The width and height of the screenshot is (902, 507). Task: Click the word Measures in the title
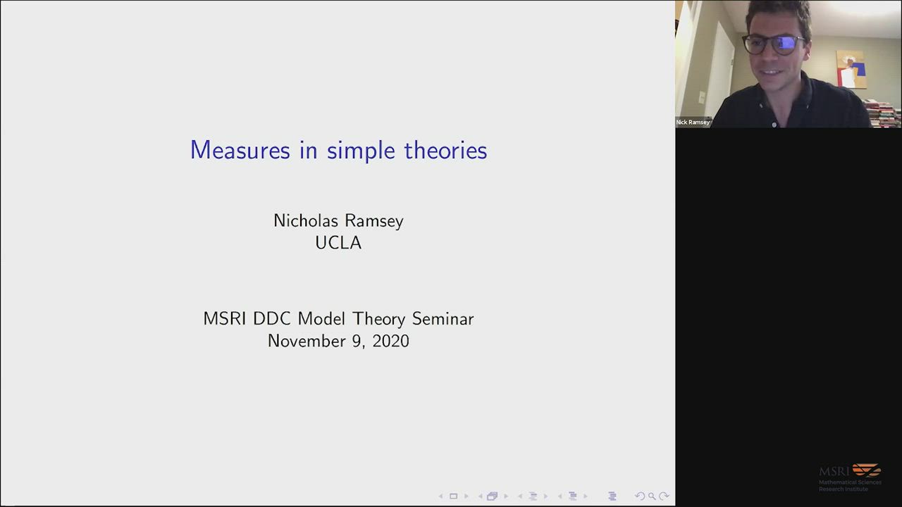click(240, 150)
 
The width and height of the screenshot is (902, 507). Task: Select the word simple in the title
click(361, 151)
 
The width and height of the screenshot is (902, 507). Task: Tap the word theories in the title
click(446, 150)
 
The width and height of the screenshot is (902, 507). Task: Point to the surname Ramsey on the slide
click(374, 222)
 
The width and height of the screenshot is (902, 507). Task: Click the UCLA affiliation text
click(338, 243)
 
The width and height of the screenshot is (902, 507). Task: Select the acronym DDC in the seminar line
click(272, 319)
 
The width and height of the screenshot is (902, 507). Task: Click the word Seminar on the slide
click(443, 319)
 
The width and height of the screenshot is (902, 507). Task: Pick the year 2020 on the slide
click(390, 342)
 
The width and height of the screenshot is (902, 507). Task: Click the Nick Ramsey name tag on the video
click(693, 123)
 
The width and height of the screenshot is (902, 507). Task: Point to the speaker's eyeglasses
click(773, 44)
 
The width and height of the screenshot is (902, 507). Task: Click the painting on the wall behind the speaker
click(851, 69)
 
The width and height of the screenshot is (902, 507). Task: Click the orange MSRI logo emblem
click(867, 470)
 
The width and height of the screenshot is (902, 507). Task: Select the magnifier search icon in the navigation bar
click(652, 496)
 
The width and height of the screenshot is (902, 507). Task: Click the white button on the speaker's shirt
click(774, 125)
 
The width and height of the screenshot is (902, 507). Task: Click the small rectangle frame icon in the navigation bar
click(453, 496)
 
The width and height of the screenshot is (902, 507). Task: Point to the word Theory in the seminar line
click(379, 320)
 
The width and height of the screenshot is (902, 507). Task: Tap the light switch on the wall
click(703, 97)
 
